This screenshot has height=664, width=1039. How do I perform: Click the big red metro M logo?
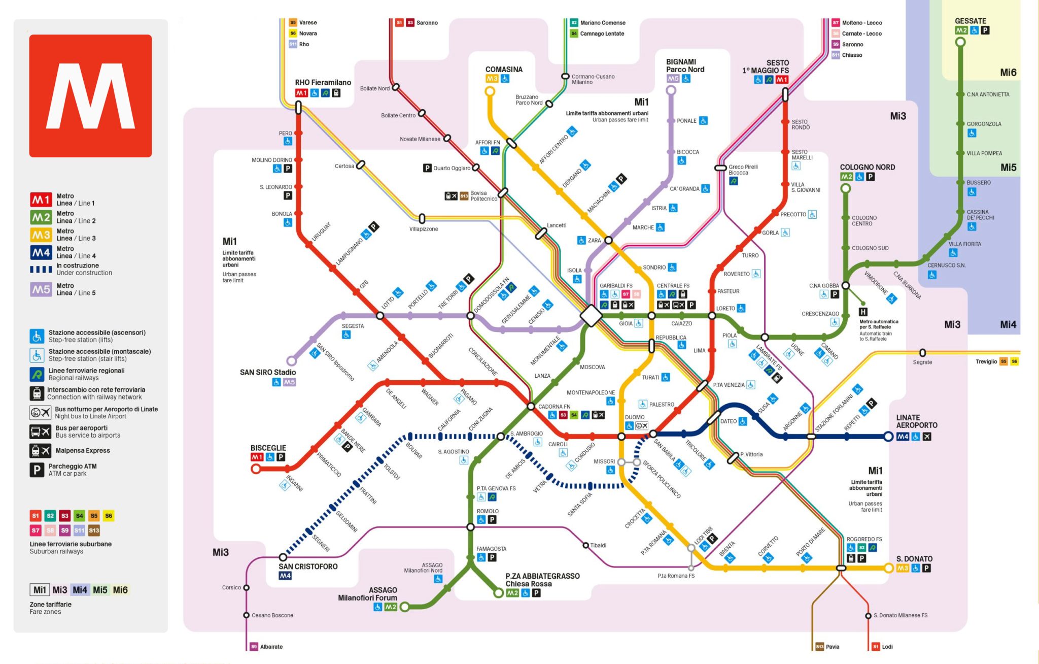(90, 96)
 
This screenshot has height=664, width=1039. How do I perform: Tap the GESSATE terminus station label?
(970, 21)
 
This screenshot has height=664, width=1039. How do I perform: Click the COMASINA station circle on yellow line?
(490, 91)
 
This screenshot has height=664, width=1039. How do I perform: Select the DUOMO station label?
(635, 417)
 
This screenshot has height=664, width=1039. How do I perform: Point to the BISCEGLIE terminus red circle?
(256, 469)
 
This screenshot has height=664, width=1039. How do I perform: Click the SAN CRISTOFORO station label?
(307, 567)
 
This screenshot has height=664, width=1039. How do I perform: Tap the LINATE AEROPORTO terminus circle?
(888, 437)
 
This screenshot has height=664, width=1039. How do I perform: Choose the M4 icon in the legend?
(41, 252)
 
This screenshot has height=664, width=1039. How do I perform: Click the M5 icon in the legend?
(41, 289)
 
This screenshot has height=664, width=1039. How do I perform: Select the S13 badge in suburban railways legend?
(94, 530)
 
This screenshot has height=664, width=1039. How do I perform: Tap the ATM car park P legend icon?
(37, 470)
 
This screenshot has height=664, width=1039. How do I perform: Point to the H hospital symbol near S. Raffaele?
(863, 312)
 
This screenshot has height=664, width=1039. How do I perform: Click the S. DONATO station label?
(914, 559)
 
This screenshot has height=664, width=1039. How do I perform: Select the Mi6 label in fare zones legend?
(120, 590)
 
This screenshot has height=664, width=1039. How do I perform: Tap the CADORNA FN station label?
(554, 407)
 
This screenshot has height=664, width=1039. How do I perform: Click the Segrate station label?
(922, 362)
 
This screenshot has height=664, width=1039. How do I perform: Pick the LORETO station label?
(725, 308)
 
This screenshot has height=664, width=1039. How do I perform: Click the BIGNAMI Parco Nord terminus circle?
(671, 90)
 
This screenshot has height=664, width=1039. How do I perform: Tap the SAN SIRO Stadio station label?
(267, 372)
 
